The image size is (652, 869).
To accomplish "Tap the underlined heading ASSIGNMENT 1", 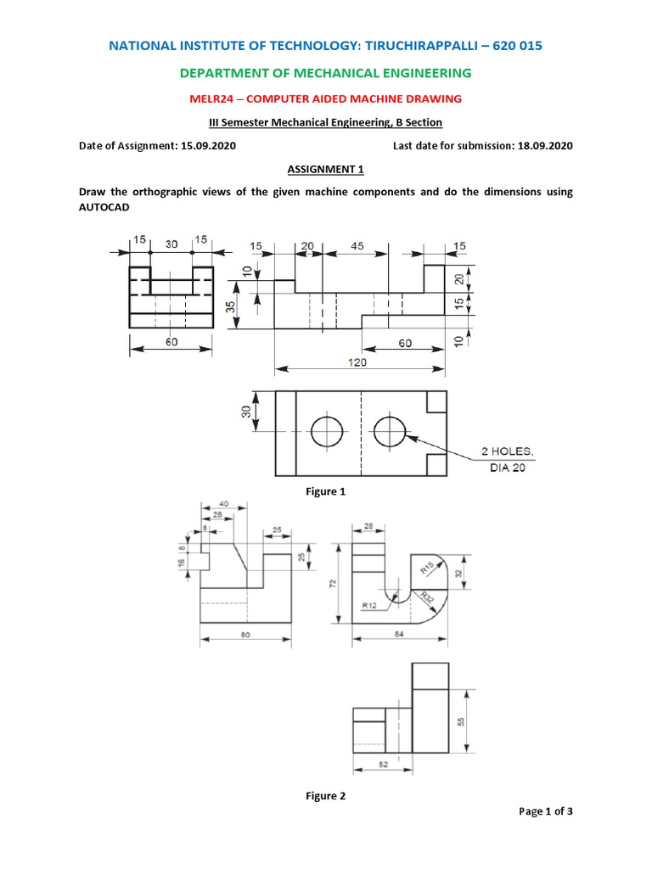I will (326, 169).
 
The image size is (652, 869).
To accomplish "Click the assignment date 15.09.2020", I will (209, 146).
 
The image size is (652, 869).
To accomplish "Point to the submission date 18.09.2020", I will (545, 146).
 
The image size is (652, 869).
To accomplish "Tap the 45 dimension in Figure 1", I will (357, 246).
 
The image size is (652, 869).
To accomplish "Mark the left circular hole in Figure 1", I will (325, 432).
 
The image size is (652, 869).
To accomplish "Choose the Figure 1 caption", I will (326, 491).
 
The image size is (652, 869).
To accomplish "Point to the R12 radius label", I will (369, 605).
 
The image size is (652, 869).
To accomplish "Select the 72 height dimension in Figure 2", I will (334, 584).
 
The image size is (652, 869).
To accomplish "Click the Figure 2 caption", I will (326, 796).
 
